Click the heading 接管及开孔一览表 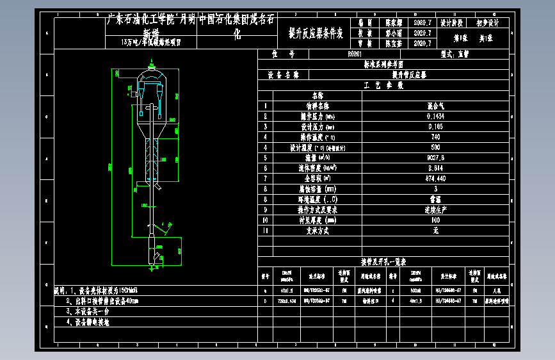pyautogui.click(x=383, y=261)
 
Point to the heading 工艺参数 pyautogui.click(x=383, y=85)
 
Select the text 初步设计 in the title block pyautogui.click(x=488, y=22)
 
